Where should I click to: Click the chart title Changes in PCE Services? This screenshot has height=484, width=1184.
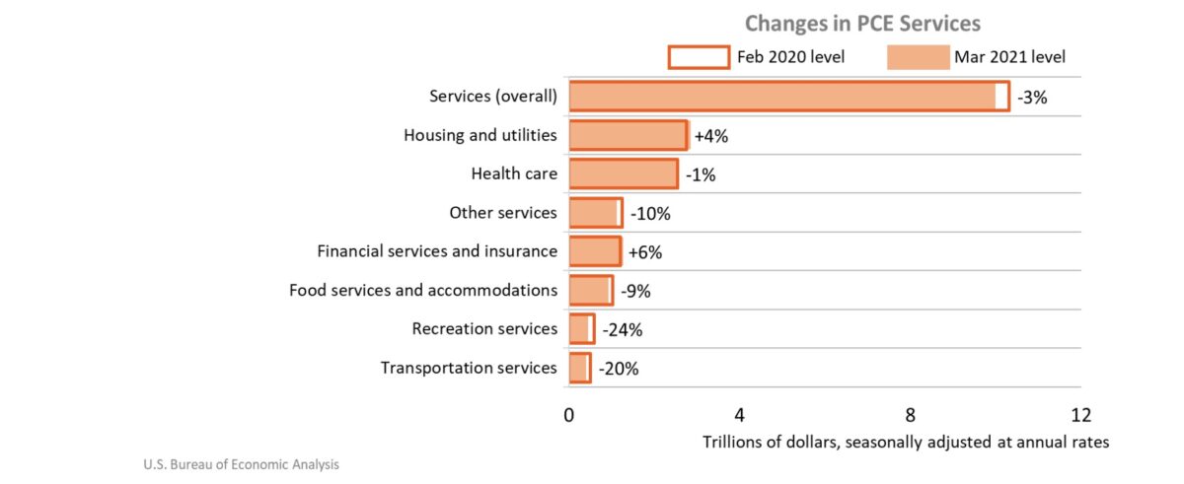(x=862, y=23)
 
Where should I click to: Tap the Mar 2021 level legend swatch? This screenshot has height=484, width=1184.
(x=917, y=57)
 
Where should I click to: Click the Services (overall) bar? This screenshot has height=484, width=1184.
(x=788, y=97)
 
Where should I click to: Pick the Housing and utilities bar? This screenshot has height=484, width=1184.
(x=628, y=135)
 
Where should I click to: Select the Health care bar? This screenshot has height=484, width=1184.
(x=624, y=174)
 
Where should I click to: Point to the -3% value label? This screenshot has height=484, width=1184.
(x=1032, y=97)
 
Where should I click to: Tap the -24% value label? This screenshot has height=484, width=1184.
(x=622, y=329)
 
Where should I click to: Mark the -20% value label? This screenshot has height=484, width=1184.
(x=619, y=369)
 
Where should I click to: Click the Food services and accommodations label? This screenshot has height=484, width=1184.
(x=422, y=291)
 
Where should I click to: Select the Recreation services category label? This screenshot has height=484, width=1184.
(x=484, y=329)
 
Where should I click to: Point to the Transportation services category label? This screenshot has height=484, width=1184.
(x=469, y=369)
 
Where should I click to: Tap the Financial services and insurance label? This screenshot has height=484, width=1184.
(x=436, y=251)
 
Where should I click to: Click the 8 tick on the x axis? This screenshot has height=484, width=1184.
(x=910, y=413)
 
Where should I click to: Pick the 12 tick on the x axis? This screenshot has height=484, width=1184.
(x=1080, y=413)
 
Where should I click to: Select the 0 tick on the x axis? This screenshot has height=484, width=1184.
(x=569, y=413)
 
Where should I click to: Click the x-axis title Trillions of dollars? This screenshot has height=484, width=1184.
(x=906, y=443)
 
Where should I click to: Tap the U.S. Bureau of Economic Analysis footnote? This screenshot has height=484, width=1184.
(x=242, y=463)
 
